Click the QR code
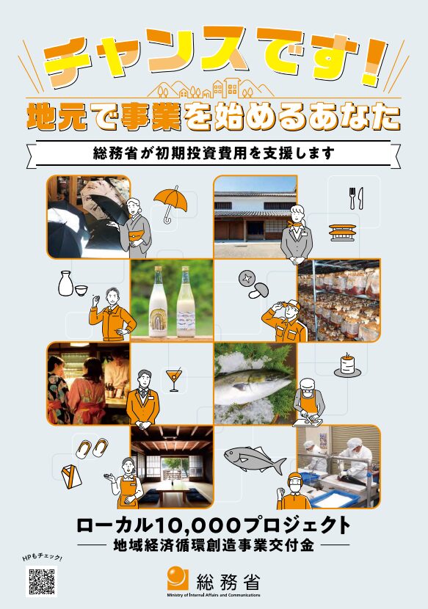tap(42, 581)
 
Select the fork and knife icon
tap(356, 198)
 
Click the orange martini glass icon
tap(173, 379)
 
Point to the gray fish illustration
tap(255, 459)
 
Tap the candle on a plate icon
tap(347, 365)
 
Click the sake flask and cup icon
tap(73, 284)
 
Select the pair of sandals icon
tap(92, 448)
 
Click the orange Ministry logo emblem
tap(178, 579)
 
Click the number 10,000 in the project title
tap(196, 526)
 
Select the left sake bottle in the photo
tap(159, 302)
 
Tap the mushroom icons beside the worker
tap(253, 284)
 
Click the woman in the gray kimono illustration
tap(132, 228)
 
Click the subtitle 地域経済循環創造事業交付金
tap(214, 545)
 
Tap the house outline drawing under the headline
tap(211, 88)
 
